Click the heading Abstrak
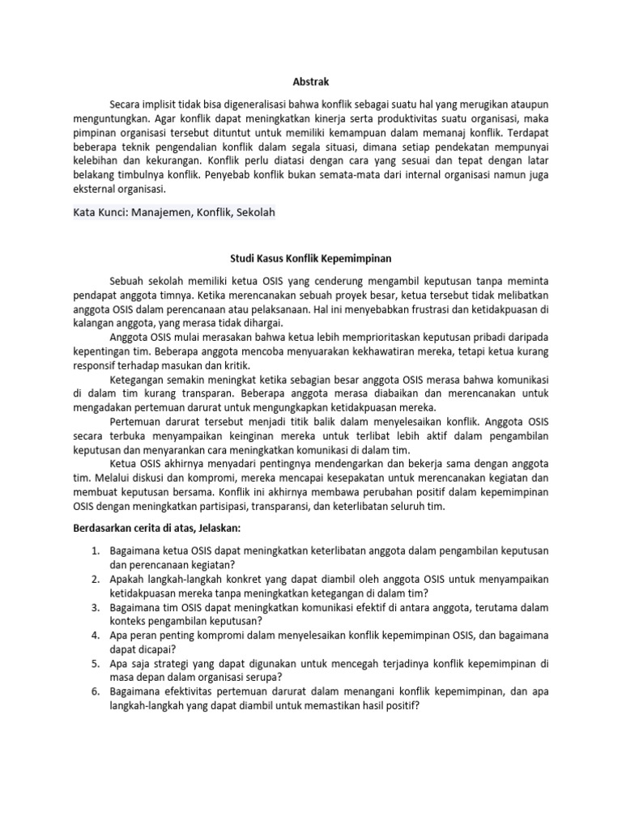pyautogui.click(x=311, y=81)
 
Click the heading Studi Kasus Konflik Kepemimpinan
pyautogui.click(x=311, y=259)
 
